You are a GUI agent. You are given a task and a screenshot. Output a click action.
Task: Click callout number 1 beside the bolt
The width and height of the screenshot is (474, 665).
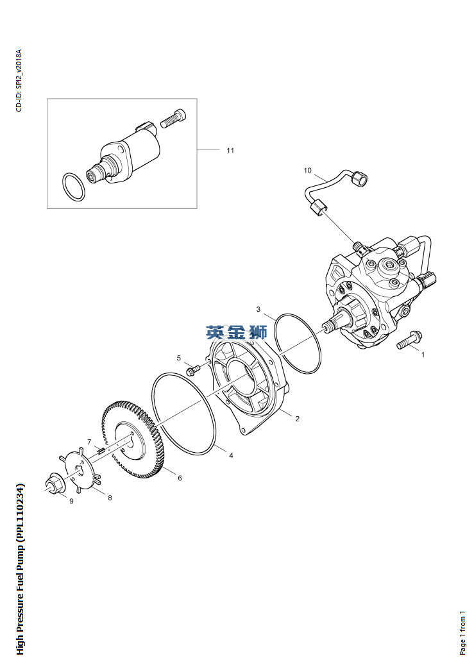(x=423, y=353)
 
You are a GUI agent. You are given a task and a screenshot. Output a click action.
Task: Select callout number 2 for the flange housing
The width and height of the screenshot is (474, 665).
(x=298, y=419)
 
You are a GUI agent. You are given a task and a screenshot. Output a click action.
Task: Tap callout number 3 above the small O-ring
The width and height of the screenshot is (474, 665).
(x=258, y=309)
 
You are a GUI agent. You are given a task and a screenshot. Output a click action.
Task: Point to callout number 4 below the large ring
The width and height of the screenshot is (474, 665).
(x=231, y=455)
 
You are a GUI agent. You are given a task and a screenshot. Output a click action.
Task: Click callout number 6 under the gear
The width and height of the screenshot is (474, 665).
(x=180, y=478)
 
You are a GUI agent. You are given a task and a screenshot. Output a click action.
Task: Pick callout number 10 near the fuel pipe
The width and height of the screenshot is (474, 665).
(x=307, y=171)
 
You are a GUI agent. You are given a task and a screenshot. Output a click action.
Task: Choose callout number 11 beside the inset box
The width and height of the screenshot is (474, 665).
(x=230, y=150)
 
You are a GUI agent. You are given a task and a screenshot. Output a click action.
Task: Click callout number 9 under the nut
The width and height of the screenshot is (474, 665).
(x=71, y=501)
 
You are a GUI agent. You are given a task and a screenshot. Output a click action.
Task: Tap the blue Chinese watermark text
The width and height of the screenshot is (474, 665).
(x=236, y=332)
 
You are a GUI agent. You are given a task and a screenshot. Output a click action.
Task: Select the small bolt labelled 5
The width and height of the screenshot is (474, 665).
(x=193, y=370)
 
